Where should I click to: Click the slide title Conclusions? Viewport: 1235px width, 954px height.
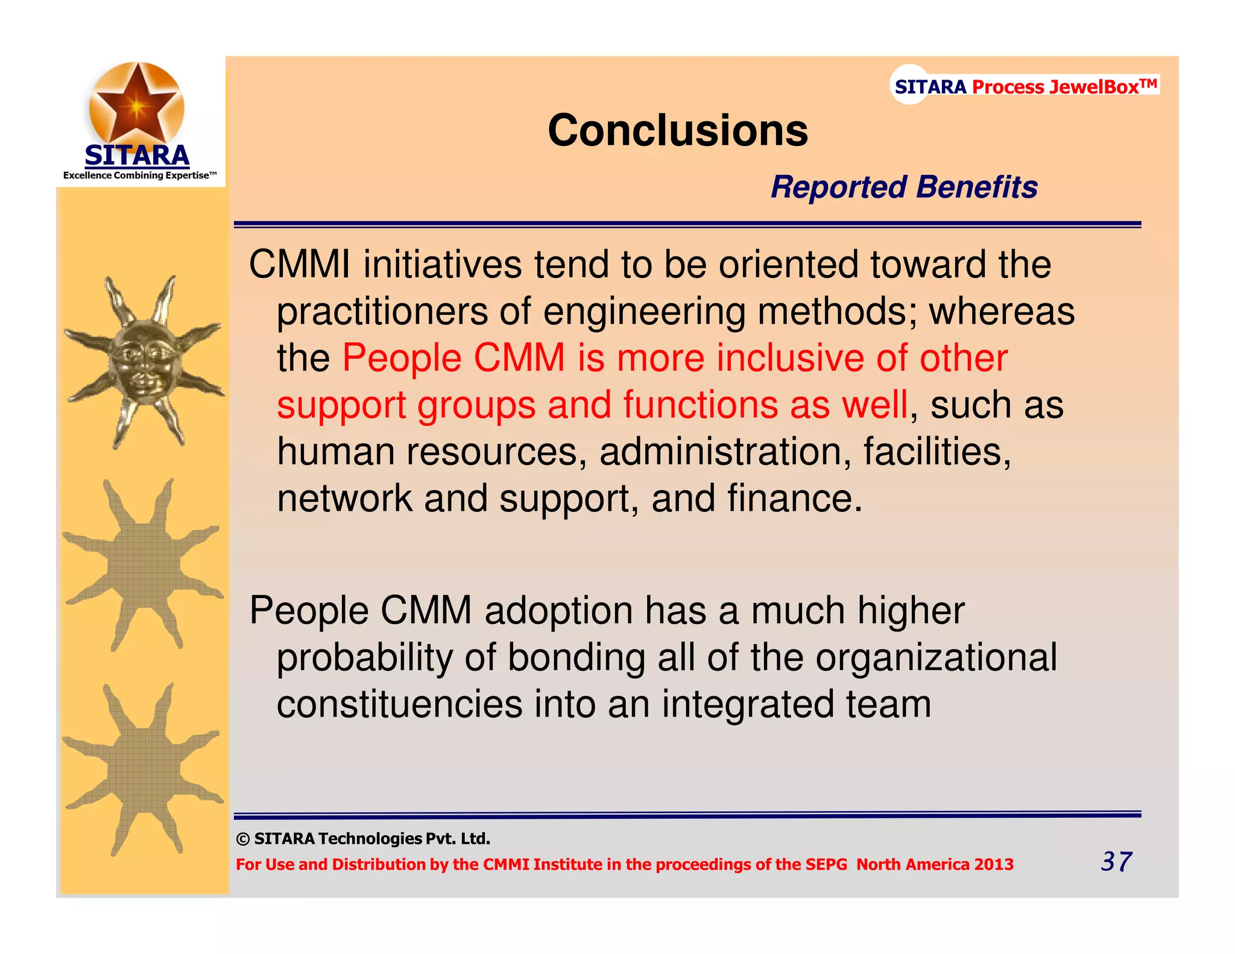[x=677, y=130]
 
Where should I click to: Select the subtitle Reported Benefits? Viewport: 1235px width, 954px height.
[x=904, y=187]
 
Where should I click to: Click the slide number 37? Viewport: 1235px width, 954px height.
[x=1116, y=861]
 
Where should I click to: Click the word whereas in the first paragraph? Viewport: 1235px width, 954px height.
[x=1001, y=311]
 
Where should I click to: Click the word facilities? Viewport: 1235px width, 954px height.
[x=937, y=452]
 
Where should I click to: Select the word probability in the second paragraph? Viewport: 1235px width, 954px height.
[x=364, y=657]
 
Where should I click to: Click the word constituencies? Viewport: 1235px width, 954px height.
[x=399, y=704]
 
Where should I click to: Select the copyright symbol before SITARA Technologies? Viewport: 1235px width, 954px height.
[x=242, y=839]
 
